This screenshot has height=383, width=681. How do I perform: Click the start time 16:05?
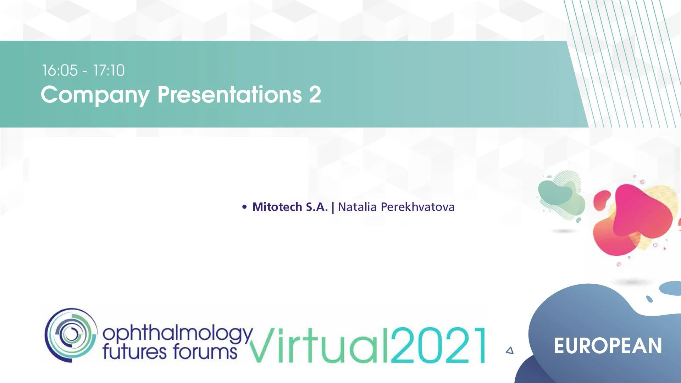coord(60,70)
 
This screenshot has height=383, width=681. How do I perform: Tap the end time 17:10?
coord(109,70)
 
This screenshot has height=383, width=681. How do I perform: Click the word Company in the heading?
coord(95,95)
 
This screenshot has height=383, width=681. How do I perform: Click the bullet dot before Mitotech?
coord(244,207)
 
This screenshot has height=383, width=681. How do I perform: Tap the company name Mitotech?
coord(277,207)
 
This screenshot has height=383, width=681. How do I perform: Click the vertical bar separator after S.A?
coord(333,207)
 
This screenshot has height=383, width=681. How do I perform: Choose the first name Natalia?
coord(357,207)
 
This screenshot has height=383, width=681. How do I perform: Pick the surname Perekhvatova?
coord(417,207)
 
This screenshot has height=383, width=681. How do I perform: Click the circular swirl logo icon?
coord(71,335)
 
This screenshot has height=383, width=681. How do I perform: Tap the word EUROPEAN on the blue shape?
coord(608,346)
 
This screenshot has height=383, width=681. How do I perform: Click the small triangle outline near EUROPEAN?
coord(510,350)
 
